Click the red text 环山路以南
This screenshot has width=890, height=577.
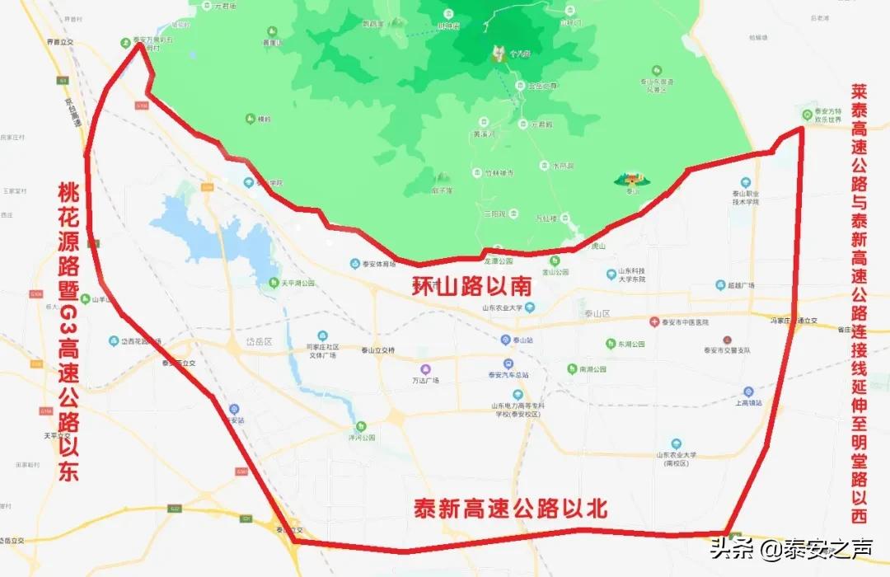point(471,287)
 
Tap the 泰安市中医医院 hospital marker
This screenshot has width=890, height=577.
point(653,321)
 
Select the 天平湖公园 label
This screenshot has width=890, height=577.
point(297,283)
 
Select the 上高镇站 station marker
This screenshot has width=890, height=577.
point(747,392)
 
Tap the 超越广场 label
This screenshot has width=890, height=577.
point(740,285)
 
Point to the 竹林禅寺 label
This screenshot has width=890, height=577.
point(498,172)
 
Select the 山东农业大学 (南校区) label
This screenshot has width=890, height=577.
point(676,458)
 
